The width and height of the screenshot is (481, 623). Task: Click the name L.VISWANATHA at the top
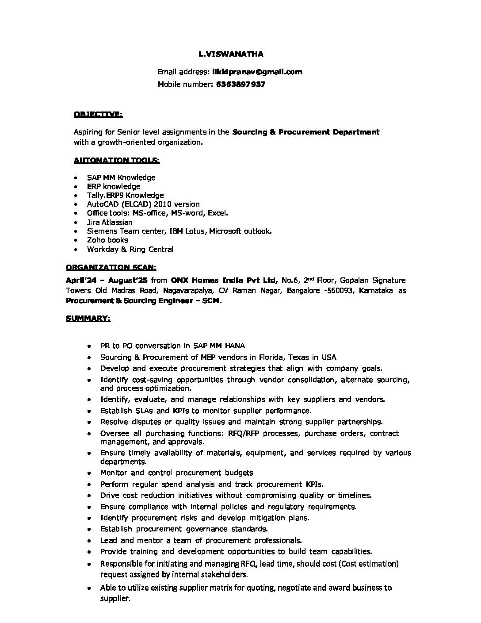tap(231, 54)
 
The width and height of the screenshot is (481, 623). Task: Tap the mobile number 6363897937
tap(240, 84)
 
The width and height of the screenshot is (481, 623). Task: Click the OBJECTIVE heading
tap(98, 115)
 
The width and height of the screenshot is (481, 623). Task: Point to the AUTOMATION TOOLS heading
tap(117, 160)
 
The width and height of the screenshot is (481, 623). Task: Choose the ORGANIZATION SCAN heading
tap(111, 267)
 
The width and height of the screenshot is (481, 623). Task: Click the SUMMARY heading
tap(88, 318)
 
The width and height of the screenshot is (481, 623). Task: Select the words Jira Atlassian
tap(110, 222)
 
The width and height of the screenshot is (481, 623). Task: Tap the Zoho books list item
tap(107, 240)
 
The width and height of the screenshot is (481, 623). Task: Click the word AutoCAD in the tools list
tap(101, 204)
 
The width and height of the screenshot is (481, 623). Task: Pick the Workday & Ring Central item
tap(130, 249)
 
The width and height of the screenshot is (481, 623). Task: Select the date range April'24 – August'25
tap(107, 280)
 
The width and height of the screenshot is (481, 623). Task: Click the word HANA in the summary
tap(235, 346)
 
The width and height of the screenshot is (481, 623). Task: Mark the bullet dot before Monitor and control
tap(90, 473)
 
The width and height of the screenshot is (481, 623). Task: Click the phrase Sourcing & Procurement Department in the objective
tap(305, 132)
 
